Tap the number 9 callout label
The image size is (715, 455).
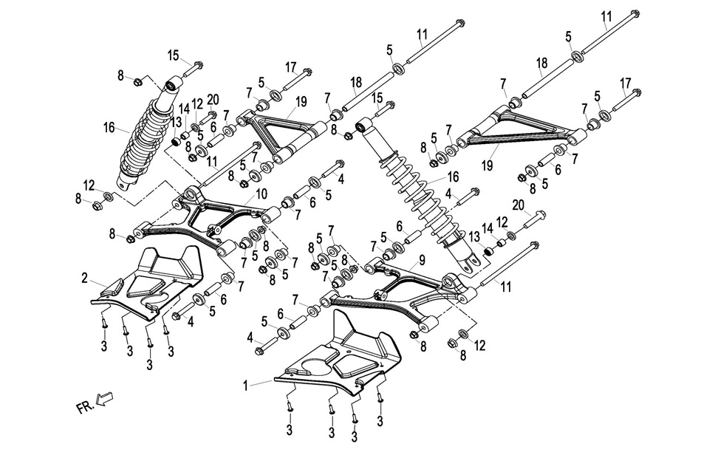point(422,259)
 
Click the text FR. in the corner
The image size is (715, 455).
point(84,407)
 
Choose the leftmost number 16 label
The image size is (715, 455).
point(109,128)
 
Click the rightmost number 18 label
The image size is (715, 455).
point(541,64)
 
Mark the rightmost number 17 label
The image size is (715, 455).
point(626,82)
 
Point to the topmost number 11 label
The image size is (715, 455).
point(606,16)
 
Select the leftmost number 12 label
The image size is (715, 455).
point(89,185)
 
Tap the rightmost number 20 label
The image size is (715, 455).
point(517,204)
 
